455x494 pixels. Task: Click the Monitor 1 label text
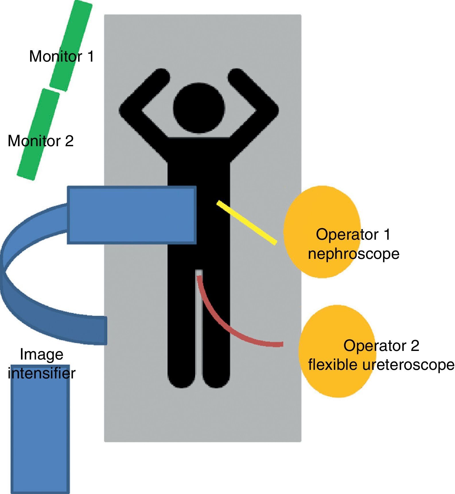(62, 56)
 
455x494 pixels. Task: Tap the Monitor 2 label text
(40, 141)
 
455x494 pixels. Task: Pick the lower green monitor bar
(34, 155)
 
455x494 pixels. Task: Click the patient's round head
(199, 108)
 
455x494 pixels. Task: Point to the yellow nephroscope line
(247, 223)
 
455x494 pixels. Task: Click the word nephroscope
(353, 254)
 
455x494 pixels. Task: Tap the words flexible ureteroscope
(381, 365)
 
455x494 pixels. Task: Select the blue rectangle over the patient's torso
(132, 215)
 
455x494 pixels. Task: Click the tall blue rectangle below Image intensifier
(40, 430)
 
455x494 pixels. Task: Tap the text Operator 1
(353, 234)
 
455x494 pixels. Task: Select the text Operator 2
(381, 345)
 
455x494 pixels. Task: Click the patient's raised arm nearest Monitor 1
(143, 97)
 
